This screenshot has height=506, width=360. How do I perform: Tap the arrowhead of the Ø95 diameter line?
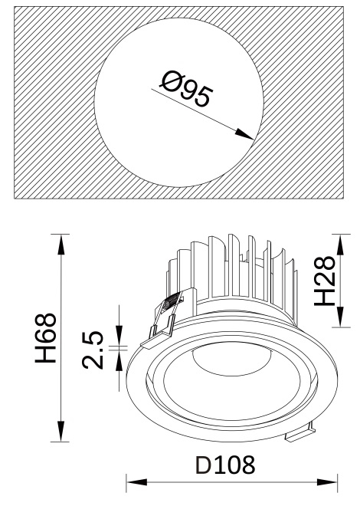(x=244, y=134)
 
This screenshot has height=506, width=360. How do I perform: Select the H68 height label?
(x=46, y=338)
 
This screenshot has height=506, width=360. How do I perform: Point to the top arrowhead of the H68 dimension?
(x=61, y=245)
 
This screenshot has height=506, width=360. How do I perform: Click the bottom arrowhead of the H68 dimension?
(x=61, y=431)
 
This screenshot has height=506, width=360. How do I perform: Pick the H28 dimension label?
(x=325, y=281)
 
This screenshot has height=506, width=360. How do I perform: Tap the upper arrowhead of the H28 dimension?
(x=341, y=245)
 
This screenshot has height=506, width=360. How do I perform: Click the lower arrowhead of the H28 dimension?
(x=341, y=317)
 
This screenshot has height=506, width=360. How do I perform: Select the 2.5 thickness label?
(x=93, y=350)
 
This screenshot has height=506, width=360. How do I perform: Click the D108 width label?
(x=225, y=465)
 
